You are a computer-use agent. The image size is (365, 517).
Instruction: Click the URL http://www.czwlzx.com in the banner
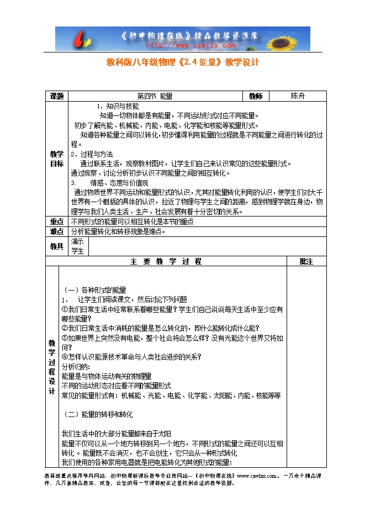[183, 46]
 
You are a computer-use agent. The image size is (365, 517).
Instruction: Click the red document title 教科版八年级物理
[182, 62]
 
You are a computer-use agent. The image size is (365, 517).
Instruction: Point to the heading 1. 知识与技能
[118, 106]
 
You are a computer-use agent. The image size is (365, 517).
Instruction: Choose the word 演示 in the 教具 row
[78, 241]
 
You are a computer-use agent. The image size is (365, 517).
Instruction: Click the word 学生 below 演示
[78, 251]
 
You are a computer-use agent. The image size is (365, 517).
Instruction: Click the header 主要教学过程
[166, 261]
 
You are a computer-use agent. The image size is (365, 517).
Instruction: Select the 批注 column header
[306, 261]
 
